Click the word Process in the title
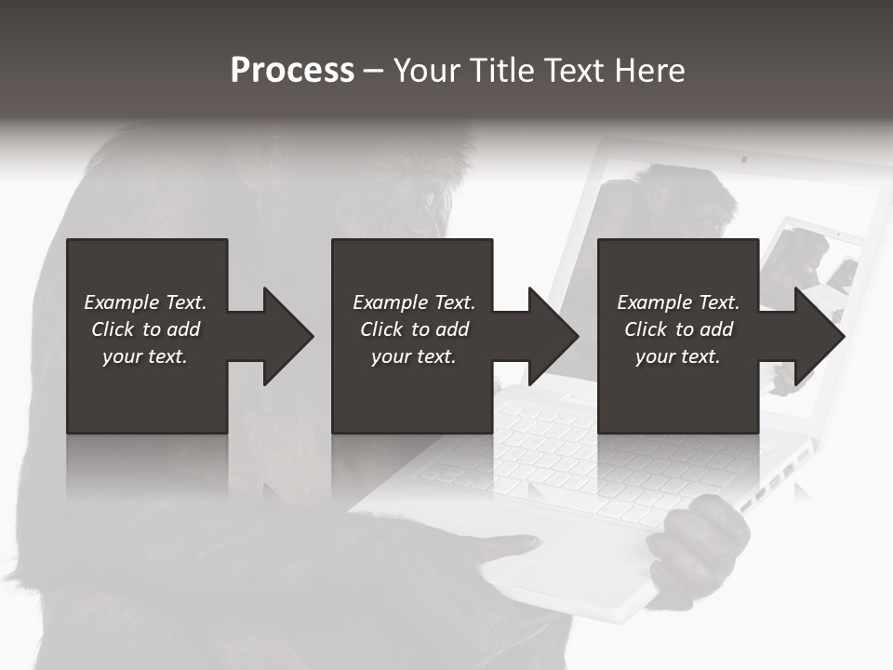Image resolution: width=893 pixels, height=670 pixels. pos(292,71)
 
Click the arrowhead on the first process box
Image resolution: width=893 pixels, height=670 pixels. pos(288,336)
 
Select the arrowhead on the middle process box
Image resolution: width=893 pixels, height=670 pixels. pos(553,336)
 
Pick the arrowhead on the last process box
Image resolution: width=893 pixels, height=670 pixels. pos(820,336)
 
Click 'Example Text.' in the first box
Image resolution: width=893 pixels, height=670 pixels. pos(145,302)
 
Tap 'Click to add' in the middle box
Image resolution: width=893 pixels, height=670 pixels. pos(414,329)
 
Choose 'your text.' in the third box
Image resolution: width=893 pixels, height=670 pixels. pos(677,356)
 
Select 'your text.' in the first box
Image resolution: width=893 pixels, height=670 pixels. pos(145,356)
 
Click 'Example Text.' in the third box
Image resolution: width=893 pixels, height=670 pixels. pos(678,302)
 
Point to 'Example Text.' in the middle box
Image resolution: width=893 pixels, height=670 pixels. pos(414,302)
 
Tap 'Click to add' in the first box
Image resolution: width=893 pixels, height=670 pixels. pos(145,329)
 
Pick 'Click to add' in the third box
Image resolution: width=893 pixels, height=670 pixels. pos(678,329)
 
